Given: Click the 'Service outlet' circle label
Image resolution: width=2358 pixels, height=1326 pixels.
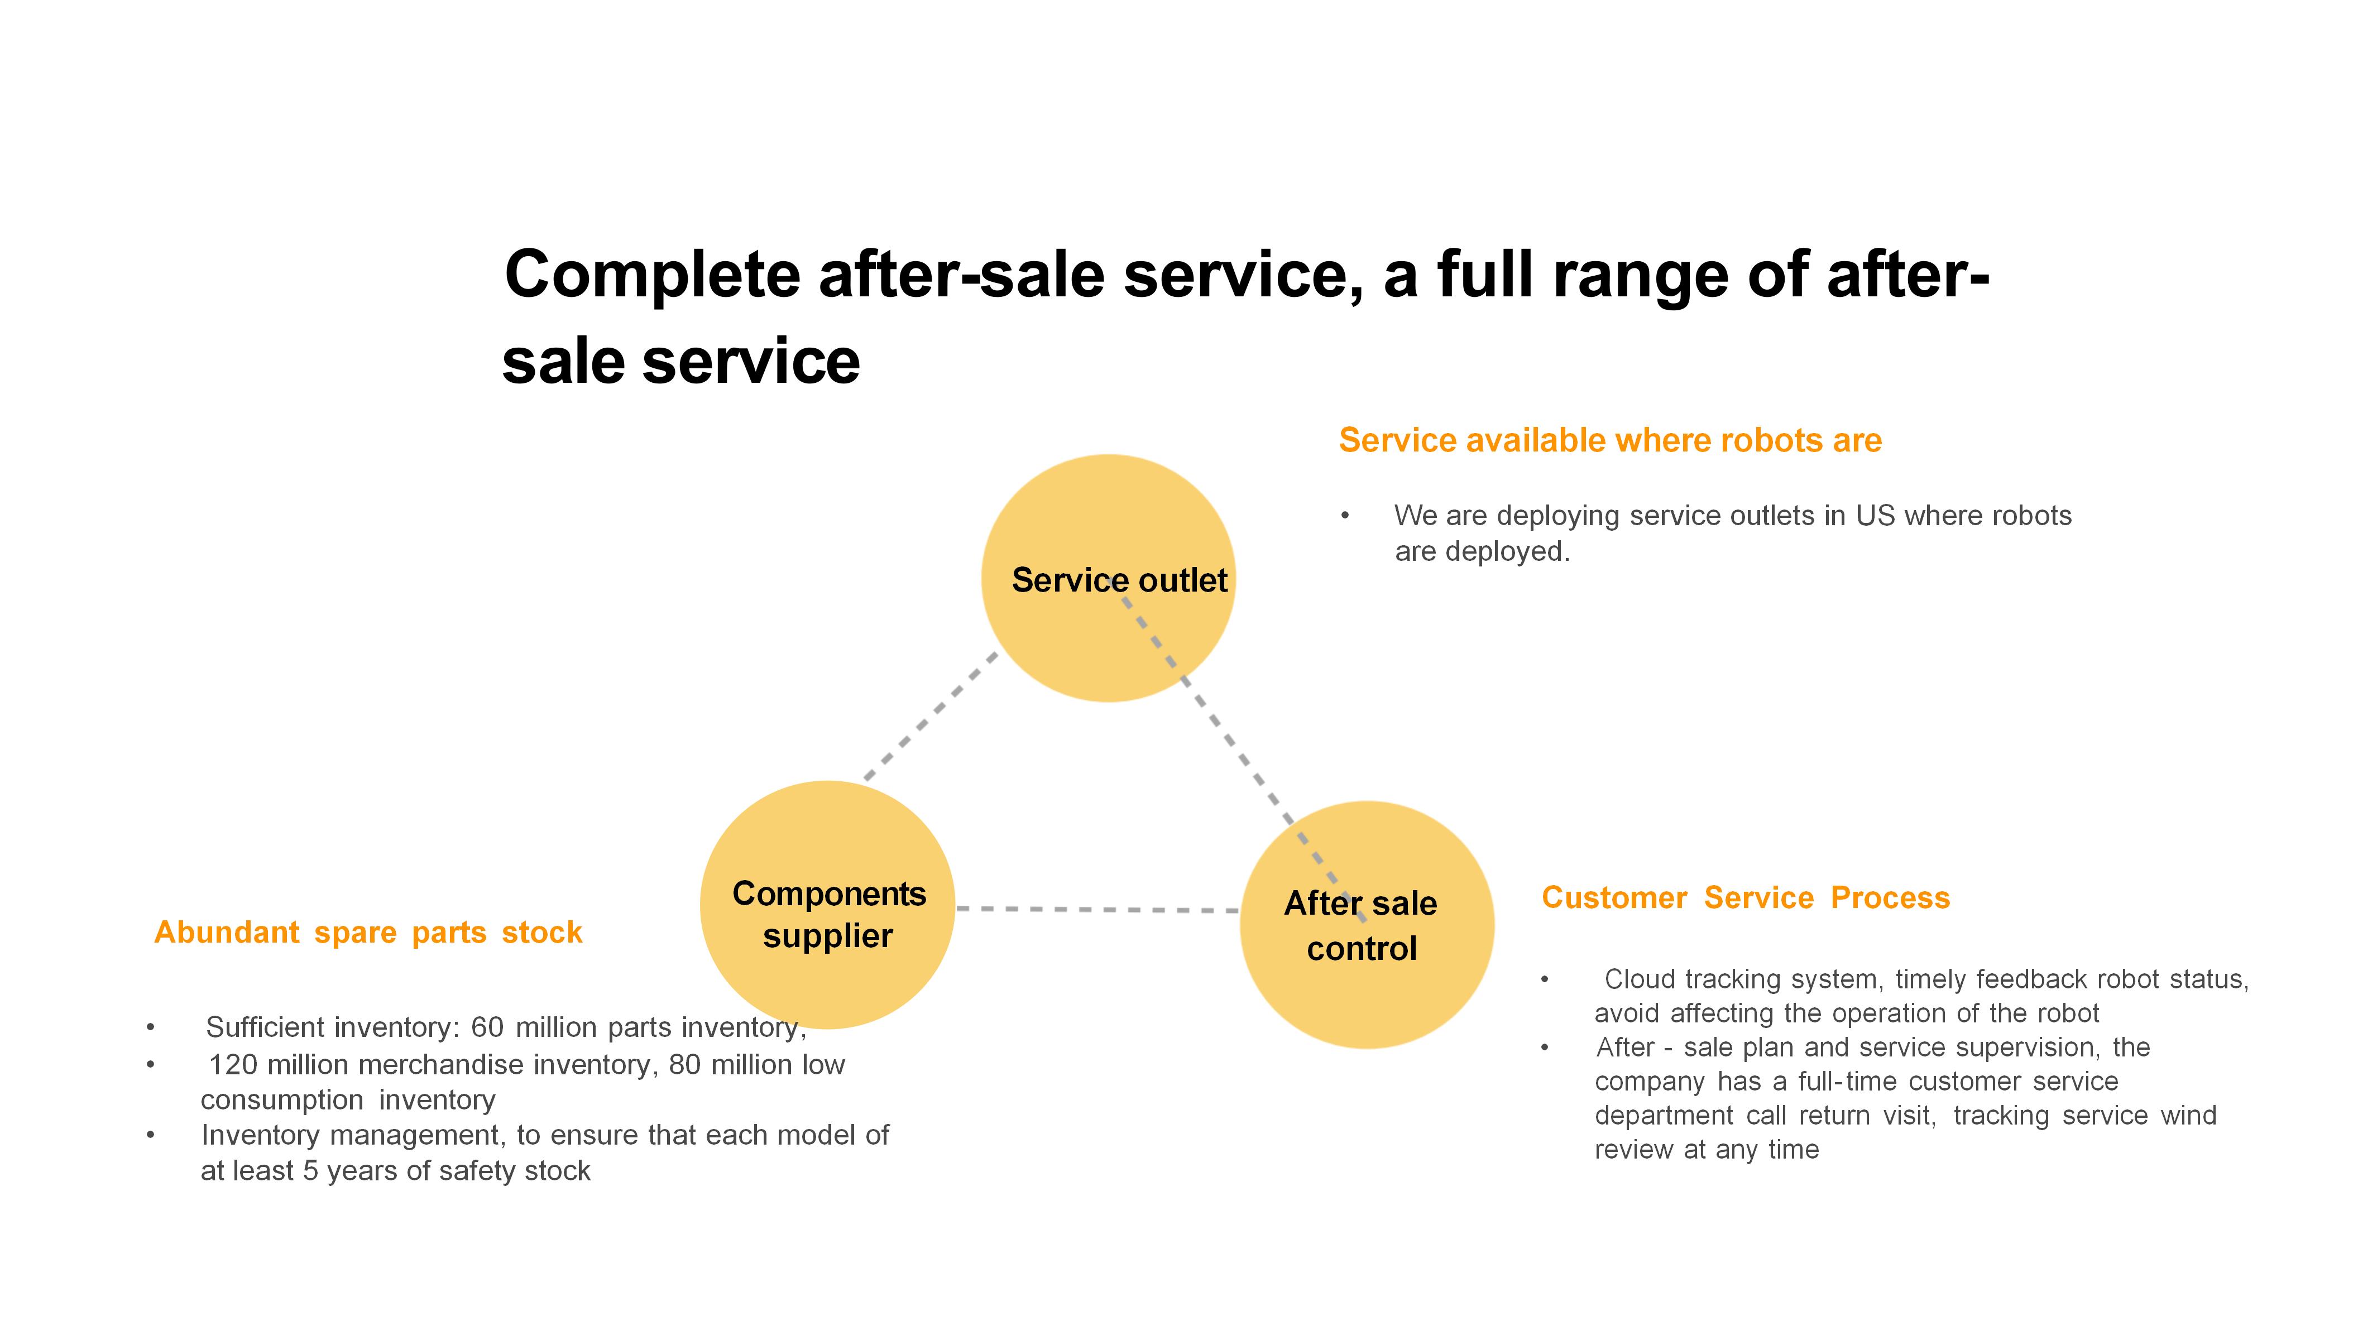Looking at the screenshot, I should pyautogui.click(x=1119, y=580).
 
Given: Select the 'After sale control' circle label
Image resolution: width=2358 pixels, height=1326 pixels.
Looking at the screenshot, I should pyautogui.click(x=1361, y=925).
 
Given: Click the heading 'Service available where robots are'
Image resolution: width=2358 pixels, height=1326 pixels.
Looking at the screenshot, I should pyautogui.click(x=1610, y=440).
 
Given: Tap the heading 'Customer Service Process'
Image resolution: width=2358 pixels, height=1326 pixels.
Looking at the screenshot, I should pyautogui.click(x=1746, y=898).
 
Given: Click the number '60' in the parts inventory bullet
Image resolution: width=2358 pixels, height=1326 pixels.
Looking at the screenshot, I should pyautogui.click(x=487, y=1027).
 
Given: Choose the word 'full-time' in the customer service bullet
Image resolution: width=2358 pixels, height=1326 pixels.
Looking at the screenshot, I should pyautogui.click(x=1848, y=1081).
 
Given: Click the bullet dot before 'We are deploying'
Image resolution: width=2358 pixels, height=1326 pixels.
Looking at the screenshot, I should pyautogui.click(x=1345, y=516).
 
